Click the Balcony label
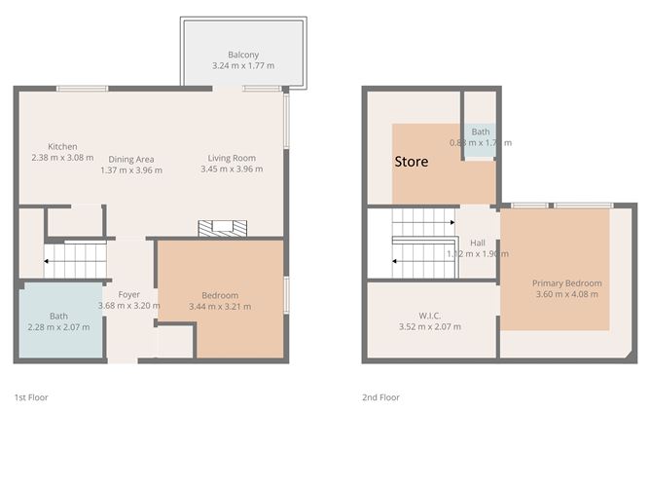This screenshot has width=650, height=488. point(243,55)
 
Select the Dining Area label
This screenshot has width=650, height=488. point(131,159)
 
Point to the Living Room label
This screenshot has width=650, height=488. point(232,159)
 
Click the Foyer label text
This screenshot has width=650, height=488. point(129,294)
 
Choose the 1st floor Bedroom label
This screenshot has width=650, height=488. point(220,295)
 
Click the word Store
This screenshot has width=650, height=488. point(411,163)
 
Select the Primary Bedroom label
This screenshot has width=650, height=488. point(566,283)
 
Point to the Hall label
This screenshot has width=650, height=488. point(478,244)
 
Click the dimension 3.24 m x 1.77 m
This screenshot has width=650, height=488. point(243,65)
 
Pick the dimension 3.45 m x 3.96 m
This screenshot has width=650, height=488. point(232,169)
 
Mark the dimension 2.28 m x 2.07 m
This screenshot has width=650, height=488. point(59,326)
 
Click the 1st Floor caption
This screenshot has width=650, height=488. point(31,397)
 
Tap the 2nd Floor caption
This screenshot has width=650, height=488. point(380,397)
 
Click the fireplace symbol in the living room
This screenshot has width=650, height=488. point(222,229)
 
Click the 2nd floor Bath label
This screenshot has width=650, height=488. point(481,131)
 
